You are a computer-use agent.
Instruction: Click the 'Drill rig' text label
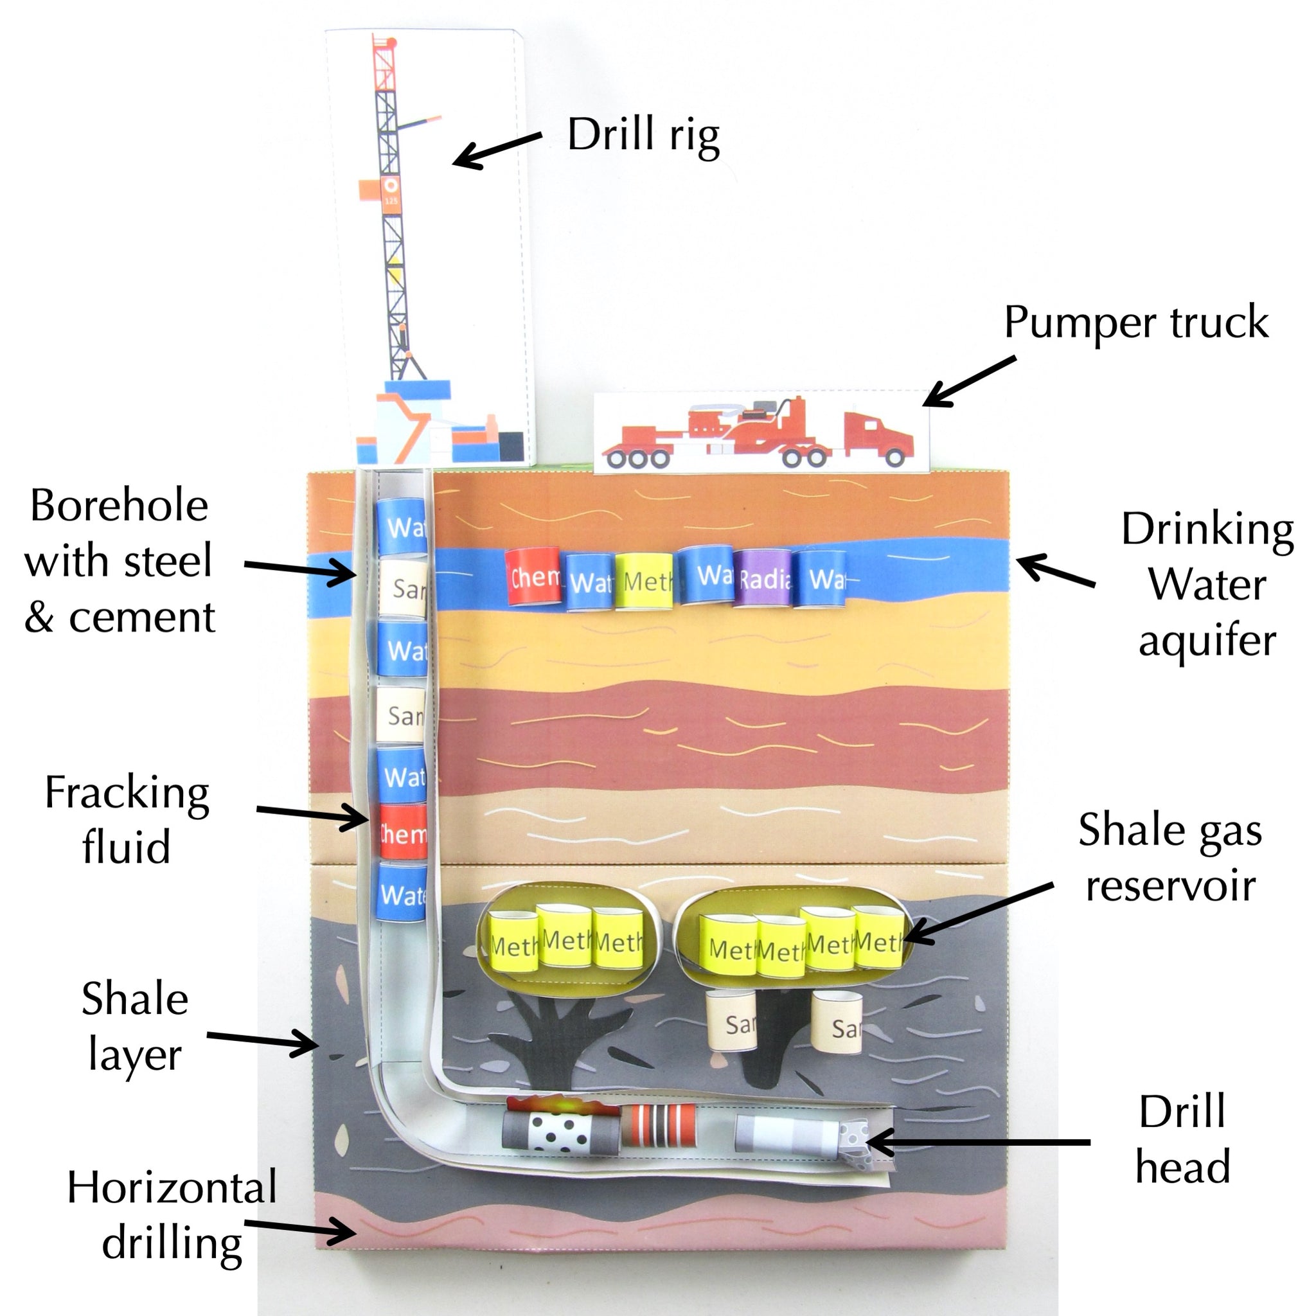pyautogui.click(x=643, y=136)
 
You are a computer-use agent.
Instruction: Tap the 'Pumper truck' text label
pyautogui.click(x=1135, y=322)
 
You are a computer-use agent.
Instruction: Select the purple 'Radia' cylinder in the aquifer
pyautogui.click(x=764, y=578)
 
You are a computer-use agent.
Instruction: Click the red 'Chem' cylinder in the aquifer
pyautogui.click(x=533, y=576)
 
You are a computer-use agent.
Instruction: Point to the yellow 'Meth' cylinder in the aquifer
pyautogui.click(x=644, y=580)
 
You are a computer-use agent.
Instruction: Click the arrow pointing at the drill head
pyautogui.click(x=977, y=1143)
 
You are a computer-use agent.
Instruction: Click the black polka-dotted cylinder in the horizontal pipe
pyautogui.click(x=561, y=1133)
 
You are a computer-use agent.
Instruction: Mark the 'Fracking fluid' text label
pyautogui.click(x=127, y=819)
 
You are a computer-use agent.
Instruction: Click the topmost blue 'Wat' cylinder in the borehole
pyautogui.click(x=401, y=526)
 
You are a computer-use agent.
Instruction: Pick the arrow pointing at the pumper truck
pyautogui.click(x=968, y=382)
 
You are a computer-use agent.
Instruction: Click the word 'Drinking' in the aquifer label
pyautogui.click(x=1207, y=529)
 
